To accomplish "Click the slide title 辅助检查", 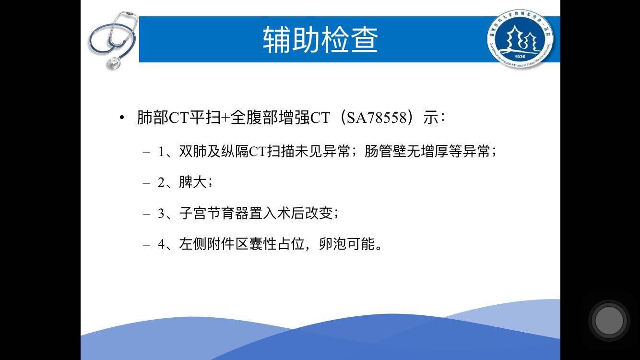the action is click(320, 39).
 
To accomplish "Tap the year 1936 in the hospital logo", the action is click(520, 57).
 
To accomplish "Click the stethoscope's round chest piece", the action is click(113, 63).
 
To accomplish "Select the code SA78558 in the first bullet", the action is click(376, 118).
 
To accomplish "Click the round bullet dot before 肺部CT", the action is click(122, 118).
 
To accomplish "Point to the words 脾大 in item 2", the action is click(192, 182).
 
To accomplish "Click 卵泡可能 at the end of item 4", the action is click(347, 244).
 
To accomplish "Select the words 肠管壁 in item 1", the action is click(385, 151).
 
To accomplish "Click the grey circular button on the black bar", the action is click(609, 321).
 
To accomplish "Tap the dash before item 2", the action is click(147, 183).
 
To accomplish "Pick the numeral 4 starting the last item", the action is click(161, 244).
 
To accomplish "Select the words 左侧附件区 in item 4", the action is click(213, 244).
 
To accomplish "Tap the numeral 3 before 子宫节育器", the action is click(161, 214).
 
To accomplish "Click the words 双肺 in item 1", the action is click(192, 151).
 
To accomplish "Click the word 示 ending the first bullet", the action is click(431, 118).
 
